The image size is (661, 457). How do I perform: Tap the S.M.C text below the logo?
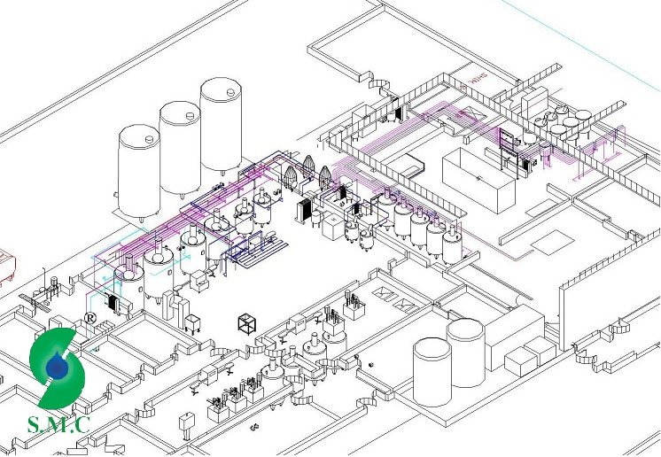point(58,424)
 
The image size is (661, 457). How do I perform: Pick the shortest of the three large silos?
point(139,174)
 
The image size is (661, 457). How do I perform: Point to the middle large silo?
point(180,149)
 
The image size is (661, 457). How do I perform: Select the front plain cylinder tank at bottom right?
point(432,371)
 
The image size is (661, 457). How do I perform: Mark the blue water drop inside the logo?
point(58,367)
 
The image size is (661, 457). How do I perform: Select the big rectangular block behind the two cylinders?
point(514,333)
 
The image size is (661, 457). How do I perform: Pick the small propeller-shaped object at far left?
point(35,301)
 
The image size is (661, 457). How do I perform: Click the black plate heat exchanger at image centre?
point(306,212)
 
